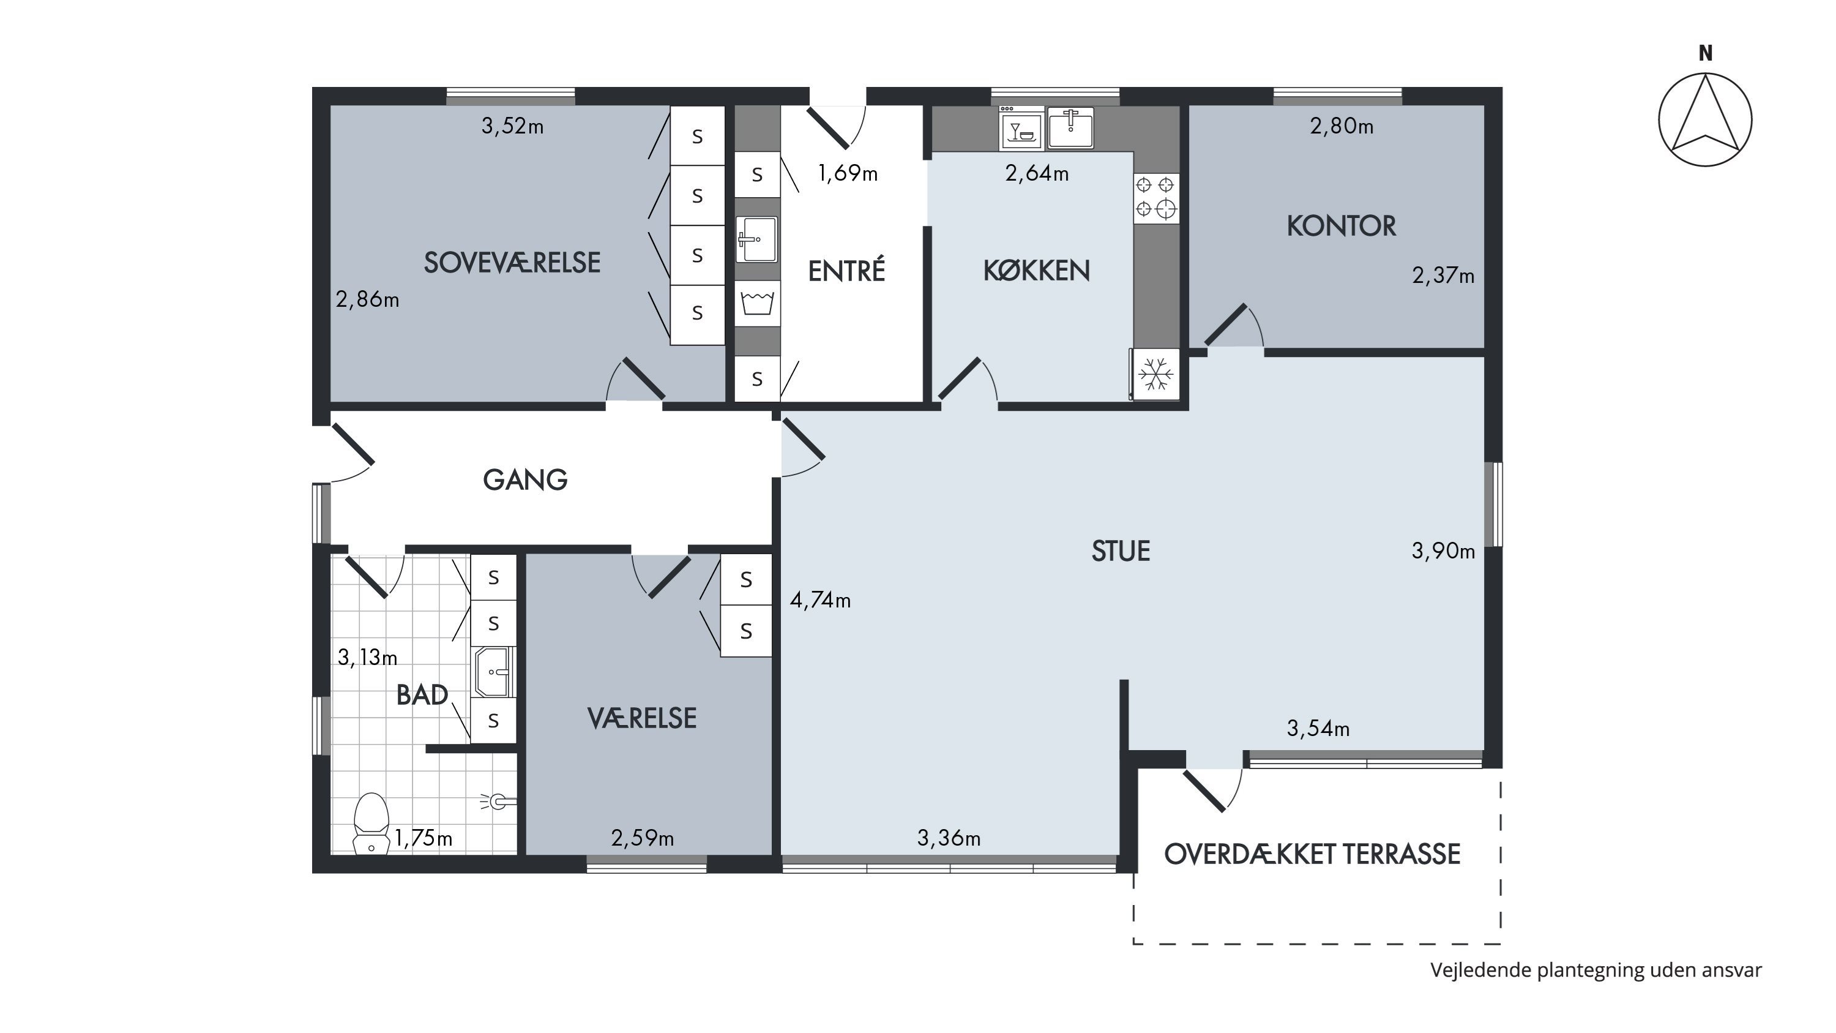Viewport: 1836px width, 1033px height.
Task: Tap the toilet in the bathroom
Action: (x=371, y=824)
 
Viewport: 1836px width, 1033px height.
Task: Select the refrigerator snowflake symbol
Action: (x=1155, y=374)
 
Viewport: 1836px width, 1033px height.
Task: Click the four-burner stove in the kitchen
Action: (x=1155, y=197)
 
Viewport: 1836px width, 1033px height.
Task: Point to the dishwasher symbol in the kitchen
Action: (x=1021, y=129)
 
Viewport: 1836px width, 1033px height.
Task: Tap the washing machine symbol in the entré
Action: (x=757, y=303)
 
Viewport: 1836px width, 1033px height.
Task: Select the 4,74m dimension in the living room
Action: (x=819, y=600)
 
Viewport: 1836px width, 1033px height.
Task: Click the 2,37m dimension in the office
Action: (x=1443, y=275)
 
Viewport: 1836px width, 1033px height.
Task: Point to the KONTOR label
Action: (x=1341, y=226)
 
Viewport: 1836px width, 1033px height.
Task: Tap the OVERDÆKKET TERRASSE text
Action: (x=1312, y=854)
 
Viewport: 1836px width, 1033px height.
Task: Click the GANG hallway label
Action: (x=525, y=480)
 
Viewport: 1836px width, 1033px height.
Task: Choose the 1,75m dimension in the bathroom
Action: (x=424, y=838)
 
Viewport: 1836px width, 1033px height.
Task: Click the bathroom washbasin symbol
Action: (x=493, y=672)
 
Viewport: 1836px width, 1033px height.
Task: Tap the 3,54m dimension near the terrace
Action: (x=1318, y=729)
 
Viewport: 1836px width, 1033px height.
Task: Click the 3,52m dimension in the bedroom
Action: (x=512, y=126)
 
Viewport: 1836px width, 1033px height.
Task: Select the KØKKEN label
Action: (x=1036, y=270)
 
